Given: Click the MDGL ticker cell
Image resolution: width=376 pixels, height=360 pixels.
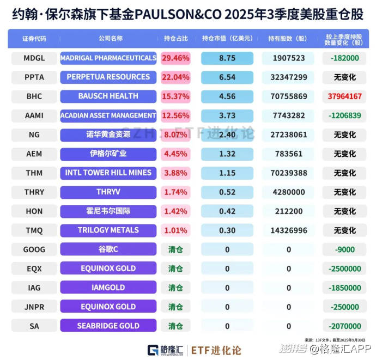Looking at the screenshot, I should point(34,58).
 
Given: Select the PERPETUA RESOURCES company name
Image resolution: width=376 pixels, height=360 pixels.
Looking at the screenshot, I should point(108,77).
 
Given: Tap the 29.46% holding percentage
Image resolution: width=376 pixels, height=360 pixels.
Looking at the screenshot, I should point(175,58).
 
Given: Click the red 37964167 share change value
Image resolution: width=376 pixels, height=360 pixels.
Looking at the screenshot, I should point(345,96).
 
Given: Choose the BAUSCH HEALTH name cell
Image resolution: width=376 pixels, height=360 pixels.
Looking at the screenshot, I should point(108,96).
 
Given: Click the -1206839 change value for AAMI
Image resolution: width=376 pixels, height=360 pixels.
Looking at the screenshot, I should point(345,115).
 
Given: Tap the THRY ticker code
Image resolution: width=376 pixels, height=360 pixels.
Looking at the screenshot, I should point(34,192).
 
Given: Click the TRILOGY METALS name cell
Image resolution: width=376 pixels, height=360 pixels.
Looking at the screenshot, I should point(108,230).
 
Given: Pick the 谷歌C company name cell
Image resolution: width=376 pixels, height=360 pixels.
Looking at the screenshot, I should point(108,249).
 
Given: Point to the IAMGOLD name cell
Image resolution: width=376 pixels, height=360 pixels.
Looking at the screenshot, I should point(108,288).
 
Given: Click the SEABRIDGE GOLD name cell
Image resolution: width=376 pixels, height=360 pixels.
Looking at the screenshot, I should point(108,326).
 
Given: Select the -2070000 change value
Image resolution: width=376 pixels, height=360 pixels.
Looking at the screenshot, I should point(345,326).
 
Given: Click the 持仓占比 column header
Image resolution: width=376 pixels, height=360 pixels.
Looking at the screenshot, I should point(175,39).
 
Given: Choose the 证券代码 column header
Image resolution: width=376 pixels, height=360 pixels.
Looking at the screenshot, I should point(34,39).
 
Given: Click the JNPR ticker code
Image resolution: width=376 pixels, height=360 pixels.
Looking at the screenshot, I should point(34,307).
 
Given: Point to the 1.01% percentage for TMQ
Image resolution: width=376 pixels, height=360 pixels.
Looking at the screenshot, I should point(175,230).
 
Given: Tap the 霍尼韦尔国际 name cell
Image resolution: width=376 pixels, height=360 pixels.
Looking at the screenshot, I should point(108,211).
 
